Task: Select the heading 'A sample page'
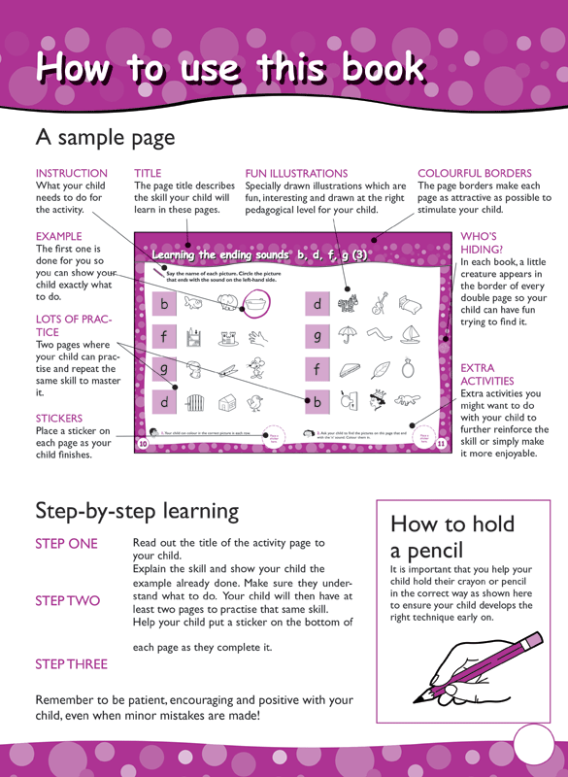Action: tap(105, 137)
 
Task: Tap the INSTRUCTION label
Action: tap(71, 173)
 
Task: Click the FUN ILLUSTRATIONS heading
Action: tap(296, 173)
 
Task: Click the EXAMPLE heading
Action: tap(61, 236)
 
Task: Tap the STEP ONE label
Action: tap(66, 543)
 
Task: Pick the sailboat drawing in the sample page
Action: tap(411, 335)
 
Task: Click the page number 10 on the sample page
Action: tap(144, 443)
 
